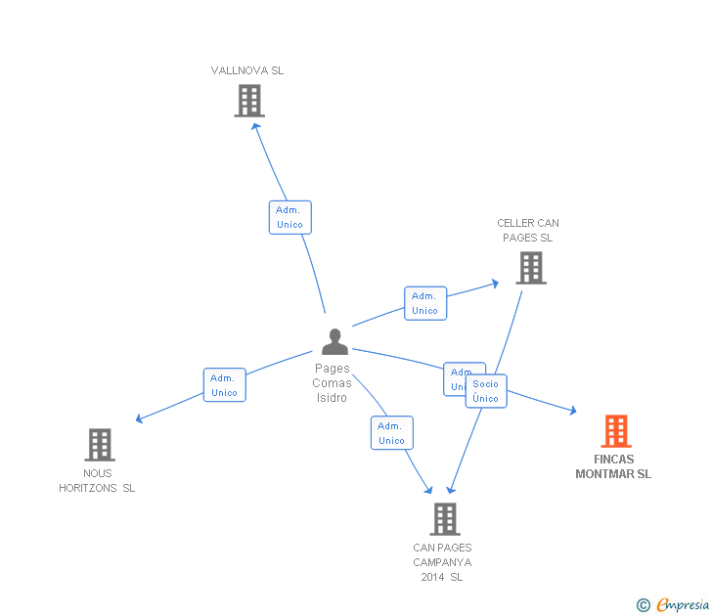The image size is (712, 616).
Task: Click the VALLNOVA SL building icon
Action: pyautogui.click(x=249, y=100)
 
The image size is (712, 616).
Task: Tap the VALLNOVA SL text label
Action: pyautogui.click(x=247, y=70)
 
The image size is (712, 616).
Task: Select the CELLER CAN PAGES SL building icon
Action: pyautogui.click(x=530, y=267)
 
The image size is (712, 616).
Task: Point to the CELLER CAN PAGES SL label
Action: pyautogui.click(x=528, y=231)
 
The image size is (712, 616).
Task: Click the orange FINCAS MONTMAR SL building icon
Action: pyautogui.click(x=615, y=430)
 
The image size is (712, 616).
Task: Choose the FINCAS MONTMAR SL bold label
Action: pyautogui.click(x=613, y=466)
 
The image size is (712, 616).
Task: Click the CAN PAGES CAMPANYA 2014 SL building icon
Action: pyautogui.click(x=444, y=518)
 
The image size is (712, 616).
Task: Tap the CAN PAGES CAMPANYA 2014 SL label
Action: pyautogui.click(x=442, y=562)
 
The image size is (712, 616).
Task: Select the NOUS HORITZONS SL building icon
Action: pyautogui.click(x=99, y=444)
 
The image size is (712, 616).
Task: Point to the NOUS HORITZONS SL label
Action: pyautogui.click(x=97, y=481)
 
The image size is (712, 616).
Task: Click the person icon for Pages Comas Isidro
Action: pyautogui.click(x=334, y=341)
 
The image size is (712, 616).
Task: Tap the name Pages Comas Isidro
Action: pyautogui.click(x=333, y=383)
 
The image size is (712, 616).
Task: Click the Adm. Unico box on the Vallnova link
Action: pyautogui.click(x=289, y=217)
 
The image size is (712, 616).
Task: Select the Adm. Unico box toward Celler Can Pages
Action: pyautogui.click(x=424, y=303)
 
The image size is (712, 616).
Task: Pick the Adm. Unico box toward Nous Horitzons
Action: pyautogui.click(x=224, y=385)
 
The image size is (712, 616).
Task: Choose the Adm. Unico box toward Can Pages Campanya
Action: pyautogui.click(x=391, y=433)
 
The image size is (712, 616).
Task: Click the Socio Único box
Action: pyautogui.click(x=486, y=391)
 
